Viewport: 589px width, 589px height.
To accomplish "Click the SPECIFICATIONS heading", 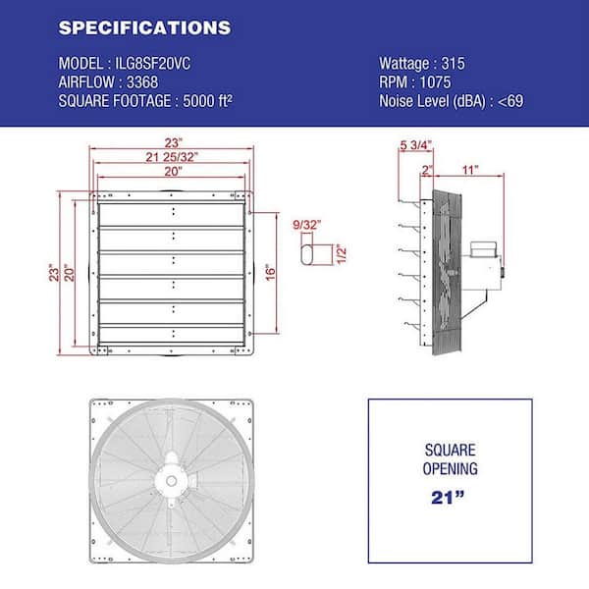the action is pyautogui.click(x=144, y=27).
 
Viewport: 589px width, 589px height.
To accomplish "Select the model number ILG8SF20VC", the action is pyautogui.click(x=152, y=64).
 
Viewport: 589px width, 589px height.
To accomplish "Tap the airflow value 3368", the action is pyautogui.click(x=142, y=82).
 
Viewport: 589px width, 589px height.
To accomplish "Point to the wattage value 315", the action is pyautogui.click(x=453, y=64).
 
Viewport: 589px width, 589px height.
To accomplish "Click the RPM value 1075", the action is pyautogui.click(x=435, y=82).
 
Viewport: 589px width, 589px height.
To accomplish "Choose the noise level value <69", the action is pyautogui.click(x=510, y=101).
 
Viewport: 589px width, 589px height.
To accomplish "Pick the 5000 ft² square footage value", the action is pyautogui.click(x=208, y=101).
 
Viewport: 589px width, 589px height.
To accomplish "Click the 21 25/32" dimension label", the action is pyautogui.click(x=172, y=157).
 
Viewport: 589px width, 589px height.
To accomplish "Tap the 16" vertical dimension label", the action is pyautogui.click(x=271, y=273).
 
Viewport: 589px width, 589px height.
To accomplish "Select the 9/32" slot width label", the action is pyautogui.click(x=307, y=225).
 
